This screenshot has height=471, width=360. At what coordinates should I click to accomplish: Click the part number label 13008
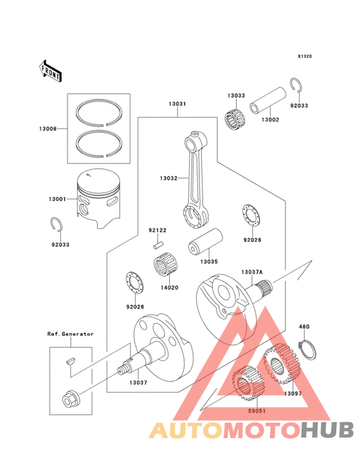point(47,129)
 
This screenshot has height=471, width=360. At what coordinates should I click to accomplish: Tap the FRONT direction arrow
point(51,69)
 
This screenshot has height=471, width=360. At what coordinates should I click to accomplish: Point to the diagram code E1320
point(304,57)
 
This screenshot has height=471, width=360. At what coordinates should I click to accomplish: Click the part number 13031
point(177,104)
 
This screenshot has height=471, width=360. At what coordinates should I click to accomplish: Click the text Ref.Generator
point(70,334)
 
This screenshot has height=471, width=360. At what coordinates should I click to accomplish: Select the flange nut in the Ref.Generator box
point(68,400)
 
